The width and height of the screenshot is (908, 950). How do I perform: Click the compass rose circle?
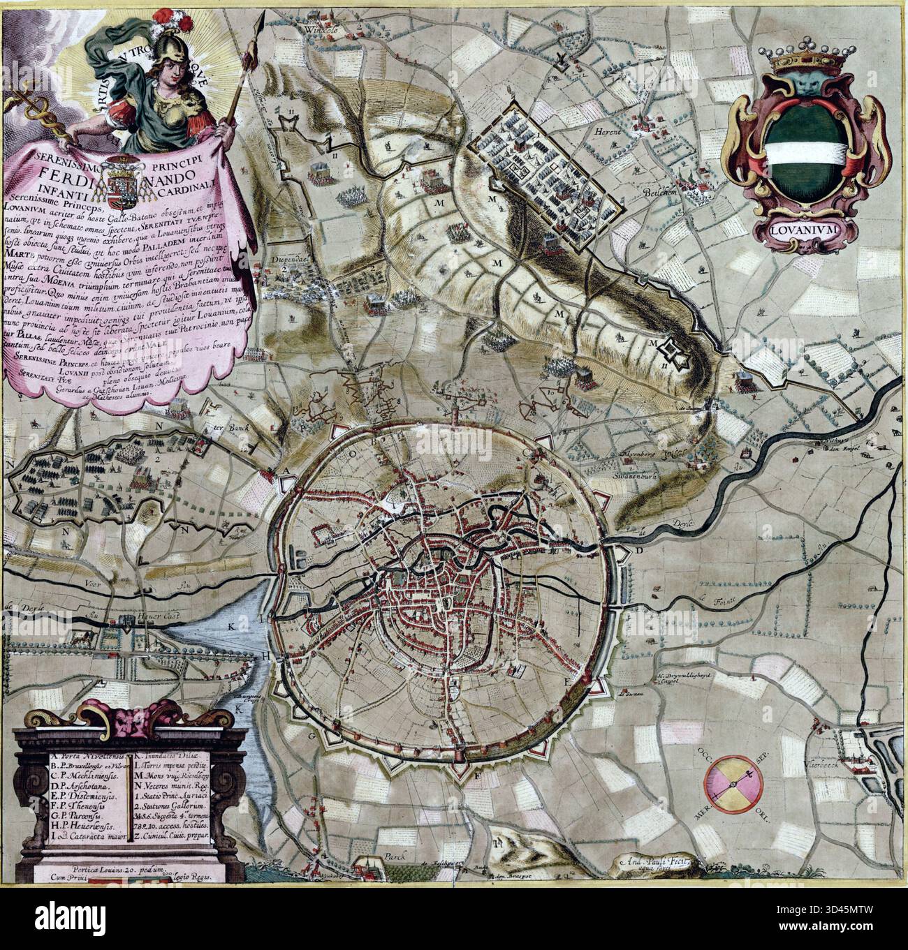(x=731, y=783)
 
